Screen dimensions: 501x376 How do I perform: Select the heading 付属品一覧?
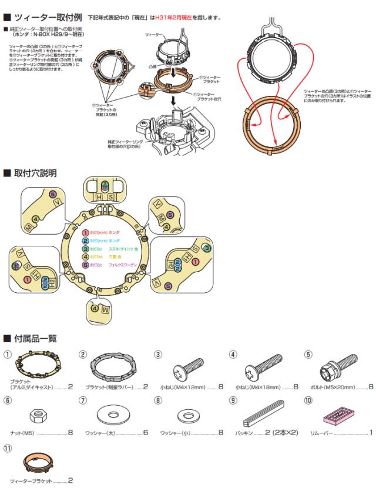[38, 338]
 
